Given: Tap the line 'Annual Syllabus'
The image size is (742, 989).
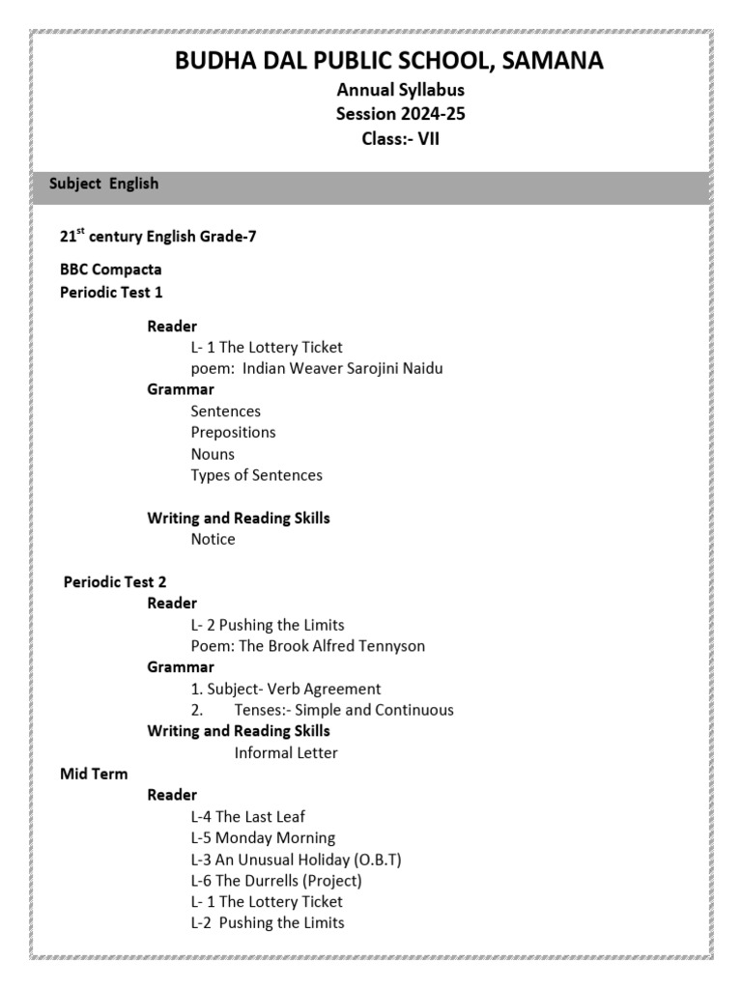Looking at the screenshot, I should tap(400, 90).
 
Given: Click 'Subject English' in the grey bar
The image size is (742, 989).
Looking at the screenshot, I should tap(103, 184).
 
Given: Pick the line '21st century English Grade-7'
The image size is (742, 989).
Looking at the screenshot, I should tap(157, 236).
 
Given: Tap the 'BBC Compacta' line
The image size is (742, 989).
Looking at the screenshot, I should tap(111, 269).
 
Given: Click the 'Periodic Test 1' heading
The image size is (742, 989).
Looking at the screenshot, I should tap(111, 292).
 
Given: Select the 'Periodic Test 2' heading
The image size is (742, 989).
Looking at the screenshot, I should tap(115, 581).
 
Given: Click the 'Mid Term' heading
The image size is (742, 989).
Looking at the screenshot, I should tap(94, 774).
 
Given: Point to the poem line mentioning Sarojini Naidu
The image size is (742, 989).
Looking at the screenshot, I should tap(317, 368).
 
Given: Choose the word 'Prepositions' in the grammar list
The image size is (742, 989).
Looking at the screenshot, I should tap(233, 432).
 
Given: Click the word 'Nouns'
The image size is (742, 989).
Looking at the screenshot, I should tap(213, 454).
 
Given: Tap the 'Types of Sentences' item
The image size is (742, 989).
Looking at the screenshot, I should tap(256, 475).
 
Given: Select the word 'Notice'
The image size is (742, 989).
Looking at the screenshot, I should tap(213, 539).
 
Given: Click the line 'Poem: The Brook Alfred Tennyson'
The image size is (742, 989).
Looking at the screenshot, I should tap(307, 645).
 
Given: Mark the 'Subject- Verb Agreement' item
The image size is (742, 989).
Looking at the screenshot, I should tap(286, 689).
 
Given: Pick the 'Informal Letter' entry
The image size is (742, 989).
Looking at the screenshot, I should tap(286, 752).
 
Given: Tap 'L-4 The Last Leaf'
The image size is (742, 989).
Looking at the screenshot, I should tap(248, 816).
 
